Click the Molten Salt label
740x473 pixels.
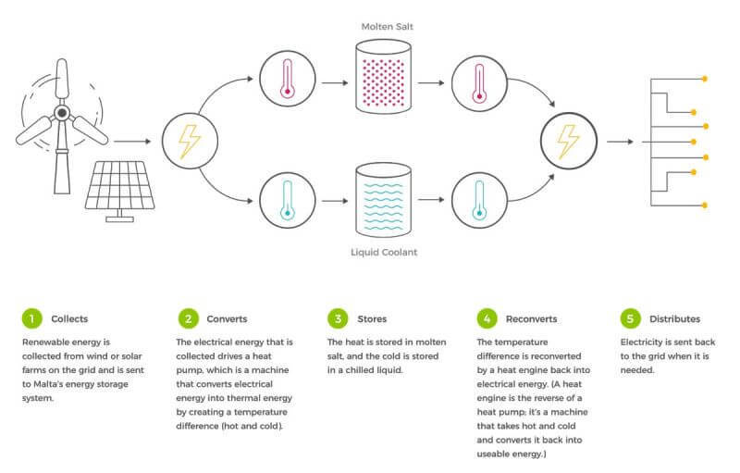coord(387,27)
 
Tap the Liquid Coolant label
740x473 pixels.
coord(384,252)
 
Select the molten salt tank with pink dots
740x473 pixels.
coord(383,77)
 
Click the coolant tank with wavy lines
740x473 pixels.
coord(383,200)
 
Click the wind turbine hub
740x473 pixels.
coord(62,113)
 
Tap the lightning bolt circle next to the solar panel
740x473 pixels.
coord(190,141)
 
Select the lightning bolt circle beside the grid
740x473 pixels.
coord(569,141)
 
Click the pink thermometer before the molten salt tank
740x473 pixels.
coord(288,79)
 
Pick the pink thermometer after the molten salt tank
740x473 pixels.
coord(479,83)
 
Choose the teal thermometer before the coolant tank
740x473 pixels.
coord(288,200)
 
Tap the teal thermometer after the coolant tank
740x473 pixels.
coord(479,200)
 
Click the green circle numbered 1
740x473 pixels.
coord(32,318)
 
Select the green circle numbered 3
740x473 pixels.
coord(338,318)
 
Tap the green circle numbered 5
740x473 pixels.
coord(630,318)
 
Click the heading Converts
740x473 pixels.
coord(227,319)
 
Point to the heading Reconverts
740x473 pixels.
coord(531,319)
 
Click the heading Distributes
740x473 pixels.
coord(675,319)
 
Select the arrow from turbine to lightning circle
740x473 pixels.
coord(132,141)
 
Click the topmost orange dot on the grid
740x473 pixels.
coord(705,79)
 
